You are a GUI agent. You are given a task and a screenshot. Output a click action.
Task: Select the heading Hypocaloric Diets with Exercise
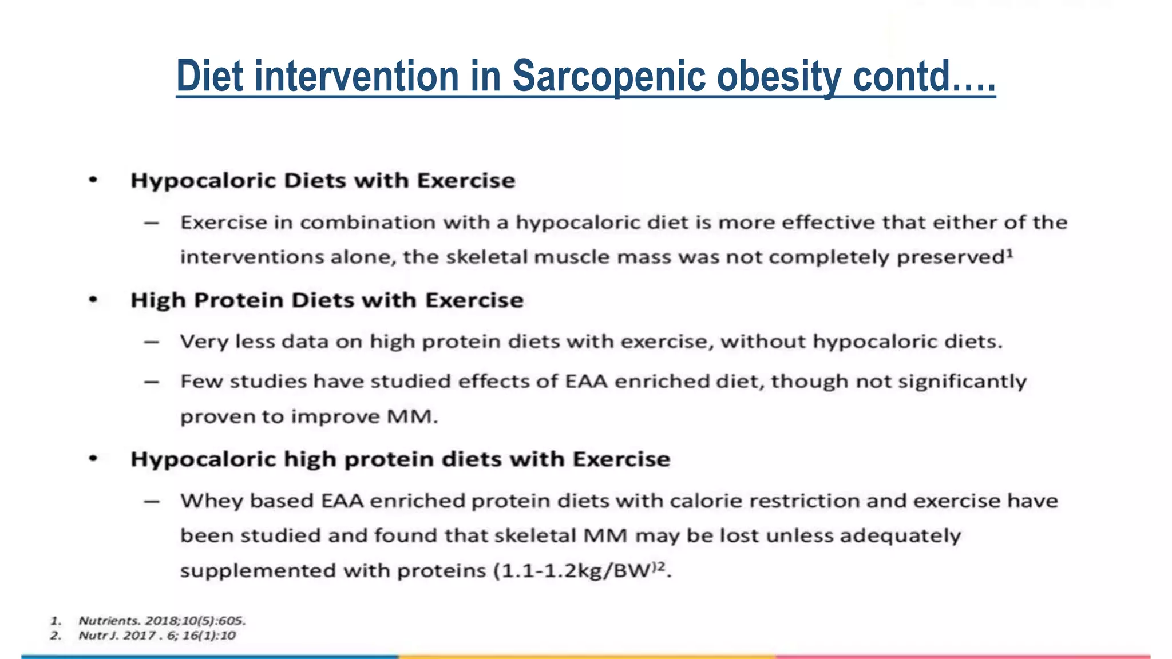click(323, 181)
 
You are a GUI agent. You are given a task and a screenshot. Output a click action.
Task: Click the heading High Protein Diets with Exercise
click(327, 300)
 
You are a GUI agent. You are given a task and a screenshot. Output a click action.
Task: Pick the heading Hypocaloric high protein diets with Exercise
click(400, 459)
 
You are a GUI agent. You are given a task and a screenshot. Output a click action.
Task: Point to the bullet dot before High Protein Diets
click(93, 300)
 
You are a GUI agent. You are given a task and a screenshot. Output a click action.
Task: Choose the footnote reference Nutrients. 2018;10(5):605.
click(162, 621)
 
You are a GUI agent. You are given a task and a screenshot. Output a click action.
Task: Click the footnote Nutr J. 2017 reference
click(157, 636)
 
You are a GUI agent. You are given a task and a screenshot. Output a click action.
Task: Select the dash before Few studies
click(152, 382)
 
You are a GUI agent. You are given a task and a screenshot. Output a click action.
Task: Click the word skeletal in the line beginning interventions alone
click(486, 257)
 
